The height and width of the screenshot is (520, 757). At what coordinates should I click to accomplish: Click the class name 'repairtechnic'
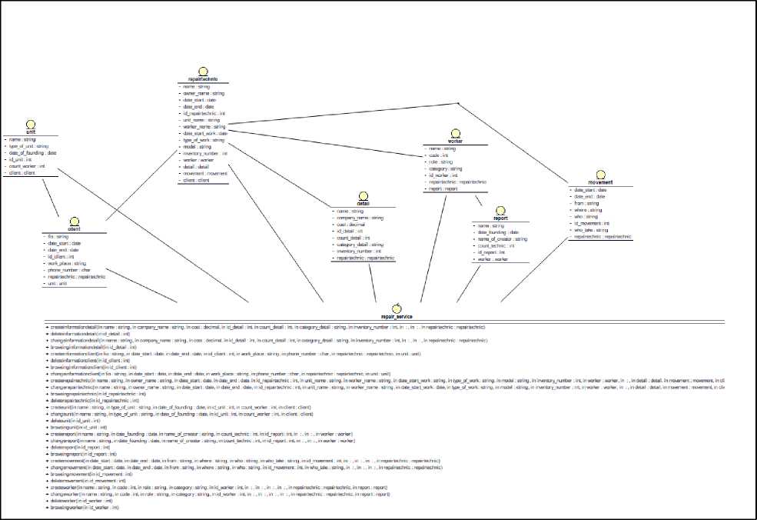click(x=203, y=79)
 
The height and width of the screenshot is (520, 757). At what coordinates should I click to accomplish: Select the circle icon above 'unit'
click(x=30, y=123)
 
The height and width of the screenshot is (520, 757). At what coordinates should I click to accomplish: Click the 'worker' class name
click(x=456, y=142)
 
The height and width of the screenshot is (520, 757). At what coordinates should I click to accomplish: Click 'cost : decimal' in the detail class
click(x=350, y=224)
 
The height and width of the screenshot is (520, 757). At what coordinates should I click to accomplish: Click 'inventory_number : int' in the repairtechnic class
click(x=204, y=154)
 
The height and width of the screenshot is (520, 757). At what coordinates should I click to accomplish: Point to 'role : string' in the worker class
click(x=443, y=162)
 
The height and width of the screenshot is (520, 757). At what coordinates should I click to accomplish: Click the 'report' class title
click(x=501, y=218)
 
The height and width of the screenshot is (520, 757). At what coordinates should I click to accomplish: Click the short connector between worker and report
click(x=479, y=200)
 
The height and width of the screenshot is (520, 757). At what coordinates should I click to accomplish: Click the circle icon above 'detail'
click(x=363, y=195)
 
